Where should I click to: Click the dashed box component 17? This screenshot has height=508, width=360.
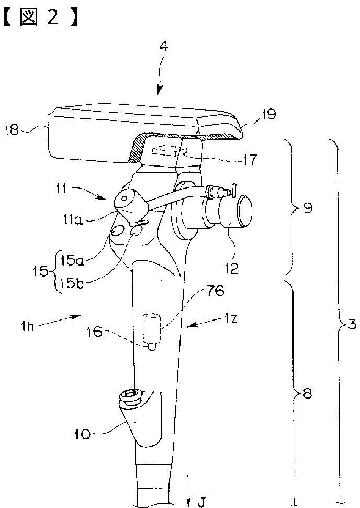point(166,151)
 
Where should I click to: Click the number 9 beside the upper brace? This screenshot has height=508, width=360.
point(307,208)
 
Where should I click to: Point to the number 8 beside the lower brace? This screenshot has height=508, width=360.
point(307,394)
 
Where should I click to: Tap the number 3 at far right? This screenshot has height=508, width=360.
point(352,325)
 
